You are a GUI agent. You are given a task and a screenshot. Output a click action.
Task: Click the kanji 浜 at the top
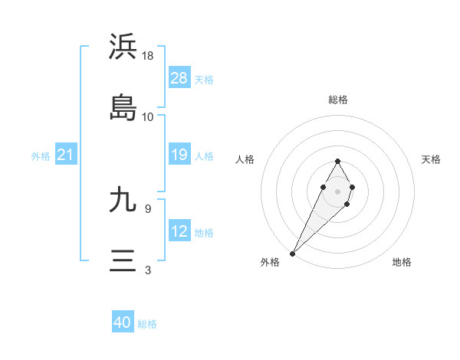pos(123,47)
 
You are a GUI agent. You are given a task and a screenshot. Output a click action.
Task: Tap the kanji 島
pos(123,107)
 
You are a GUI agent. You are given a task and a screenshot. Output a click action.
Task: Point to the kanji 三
pos(123,260)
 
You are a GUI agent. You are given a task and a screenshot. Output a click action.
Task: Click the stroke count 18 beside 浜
pos(149,56)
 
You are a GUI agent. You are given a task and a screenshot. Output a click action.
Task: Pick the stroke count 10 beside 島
pos(148,117)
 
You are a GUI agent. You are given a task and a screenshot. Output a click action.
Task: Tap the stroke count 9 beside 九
pos(148,208)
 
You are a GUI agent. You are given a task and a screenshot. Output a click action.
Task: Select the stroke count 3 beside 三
pos(148,270)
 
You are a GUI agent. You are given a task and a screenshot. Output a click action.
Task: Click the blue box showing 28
pos(179,78)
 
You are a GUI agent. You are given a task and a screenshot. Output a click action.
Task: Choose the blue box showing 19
pos(179,155)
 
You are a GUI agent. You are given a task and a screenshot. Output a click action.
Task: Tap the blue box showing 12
pos(179,231)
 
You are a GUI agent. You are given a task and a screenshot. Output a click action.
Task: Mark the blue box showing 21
pos(66,155)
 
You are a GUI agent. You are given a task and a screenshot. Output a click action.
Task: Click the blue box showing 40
pos(123,322)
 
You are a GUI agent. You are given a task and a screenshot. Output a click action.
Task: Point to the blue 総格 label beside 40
pos(148,324)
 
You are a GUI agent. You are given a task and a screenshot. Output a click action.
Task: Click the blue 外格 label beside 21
pos(41,156)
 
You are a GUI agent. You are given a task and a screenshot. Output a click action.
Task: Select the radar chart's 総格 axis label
pos(337,100)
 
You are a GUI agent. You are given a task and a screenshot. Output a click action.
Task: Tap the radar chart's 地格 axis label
pos(402,262)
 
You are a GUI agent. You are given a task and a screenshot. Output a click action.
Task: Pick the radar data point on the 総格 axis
pos(337,161)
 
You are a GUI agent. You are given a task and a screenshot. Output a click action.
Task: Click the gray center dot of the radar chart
pos(337,190)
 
